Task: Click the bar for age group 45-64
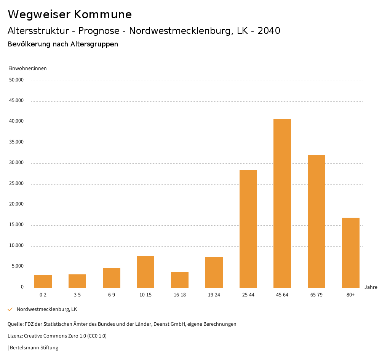[282, 203]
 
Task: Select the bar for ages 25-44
[248, 229]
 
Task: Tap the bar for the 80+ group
[350, 253]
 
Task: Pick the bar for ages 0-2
[43, 281]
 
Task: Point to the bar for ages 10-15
[145, 272]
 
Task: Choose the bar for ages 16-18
[180, 280]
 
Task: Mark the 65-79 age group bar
[316, 221]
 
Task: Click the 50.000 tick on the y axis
[17, 80]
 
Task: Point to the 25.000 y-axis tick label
[17, 183]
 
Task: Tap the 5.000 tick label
[18, 266]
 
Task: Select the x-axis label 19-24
[214, 295]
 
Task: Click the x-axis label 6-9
[111, 295]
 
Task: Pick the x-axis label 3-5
[77, 295]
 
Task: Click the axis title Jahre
[371, 287]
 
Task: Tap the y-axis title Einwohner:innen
[27, 68]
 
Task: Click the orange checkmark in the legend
[10, 309]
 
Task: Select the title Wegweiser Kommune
[70, 14]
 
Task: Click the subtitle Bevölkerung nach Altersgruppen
[63, 44]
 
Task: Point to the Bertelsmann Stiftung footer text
[34, 347]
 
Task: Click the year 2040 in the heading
[269, 31]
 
